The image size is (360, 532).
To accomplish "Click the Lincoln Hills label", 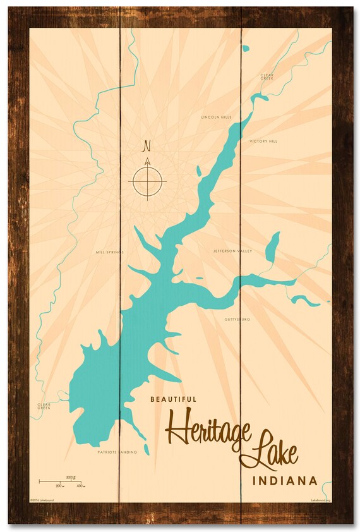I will tap(216, 118).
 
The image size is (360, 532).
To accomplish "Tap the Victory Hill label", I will tap(263, 142).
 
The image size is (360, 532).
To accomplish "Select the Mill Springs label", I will tap(108, 251).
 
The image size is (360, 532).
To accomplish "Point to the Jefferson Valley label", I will tap(233, 251).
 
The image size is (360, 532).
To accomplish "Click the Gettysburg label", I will tap(237, 320).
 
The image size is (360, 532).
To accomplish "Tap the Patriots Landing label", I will tap(117, 452).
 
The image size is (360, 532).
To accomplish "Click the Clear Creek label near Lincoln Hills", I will tap(267, 77).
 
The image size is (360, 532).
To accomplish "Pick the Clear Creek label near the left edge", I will tap(44, 406).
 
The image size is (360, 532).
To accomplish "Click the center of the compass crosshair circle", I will tap(148, 182).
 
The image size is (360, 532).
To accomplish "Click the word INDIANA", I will tap(285, 481).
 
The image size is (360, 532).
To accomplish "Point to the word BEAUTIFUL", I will tap(174, 399).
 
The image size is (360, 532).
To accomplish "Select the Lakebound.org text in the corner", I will tap(321, 499).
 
